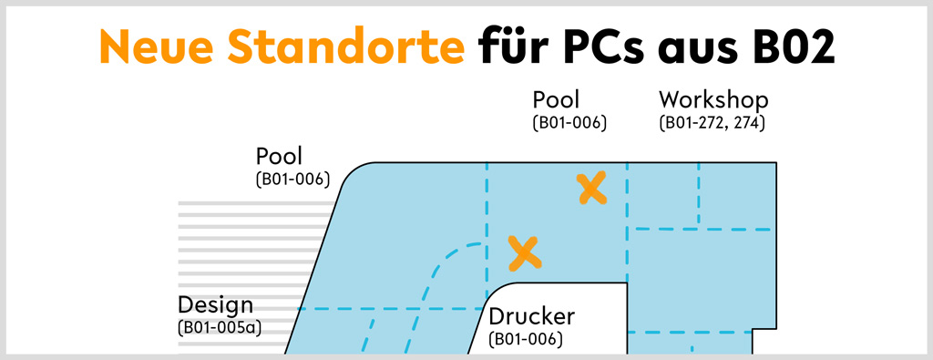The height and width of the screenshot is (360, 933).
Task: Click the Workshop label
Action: coord(713,100)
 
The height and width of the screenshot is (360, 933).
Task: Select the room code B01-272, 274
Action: coord(712,123)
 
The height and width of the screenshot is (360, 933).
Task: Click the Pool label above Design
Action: coord(279,156)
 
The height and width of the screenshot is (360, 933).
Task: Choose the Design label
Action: coord(215,306)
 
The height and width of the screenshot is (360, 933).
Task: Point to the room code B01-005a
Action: coord(220,328)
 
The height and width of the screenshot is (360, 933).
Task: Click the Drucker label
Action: coord(532,316)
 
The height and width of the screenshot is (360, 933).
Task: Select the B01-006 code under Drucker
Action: coord(526,339)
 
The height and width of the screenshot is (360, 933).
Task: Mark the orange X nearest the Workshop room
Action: coord(592,188)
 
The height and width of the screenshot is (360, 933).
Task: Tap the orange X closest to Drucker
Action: coord(525,252)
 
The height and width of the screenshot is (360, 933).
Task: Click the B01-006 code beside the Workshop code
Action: coord(569,123)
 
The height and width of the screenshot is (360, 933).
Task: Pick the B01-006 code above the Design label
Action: coord(292,180)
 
